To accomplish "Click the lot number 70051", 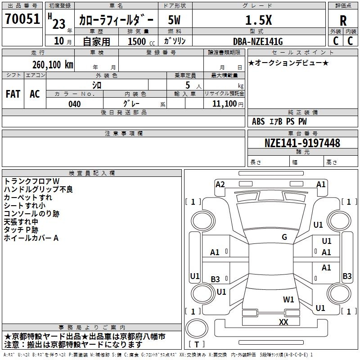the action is (x=22, y=19).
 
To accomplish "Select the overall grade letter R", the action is (x=343, y=21).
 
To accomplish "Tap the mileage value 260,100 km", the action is (x=53, y=65).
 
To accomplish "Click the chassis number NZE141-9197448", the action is (x=302, y=143).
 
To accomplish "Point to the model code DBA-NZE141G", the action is (x=257, y=41).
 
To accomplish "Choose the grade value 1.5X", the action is (x=258, y=20).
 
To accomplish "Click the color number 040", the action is (x=74, y=104).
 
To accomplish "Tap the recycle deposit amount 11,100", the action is (x=224, y=104).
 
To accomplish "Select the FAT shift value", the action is (x=13, y=94).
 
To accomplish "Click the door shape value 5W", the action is (x=174, y=20).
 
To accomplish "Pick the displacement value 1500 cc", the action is (x=141, y=41).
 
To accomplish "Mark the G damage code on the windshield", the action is (x=284, y=237).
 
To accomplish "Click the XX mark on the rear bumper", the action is (x=283, y=322).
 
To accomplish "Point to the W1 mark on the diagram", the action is (x=288, y=299).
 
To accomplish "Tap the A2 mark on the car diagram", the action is (x=220, y=184).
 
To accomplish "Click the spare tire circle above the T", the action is (x=197, y=328).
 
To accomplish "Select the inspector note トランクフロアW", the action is (x=31, y=181).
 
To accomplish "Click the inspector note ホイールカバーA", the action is (x=31, y=238).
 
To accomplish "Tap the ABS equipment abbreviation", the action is (x=258, y=121).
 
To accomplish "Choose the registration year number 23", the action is (x=59, y=24).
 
